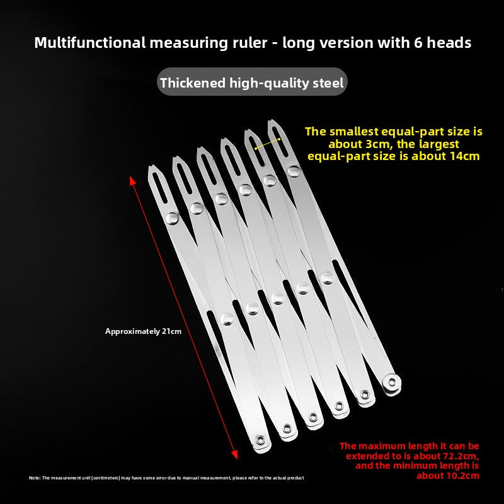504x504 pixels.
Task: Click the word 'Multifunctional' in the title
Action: pos(89,43)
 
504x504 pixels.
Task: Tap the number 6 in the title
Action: pos(418,43)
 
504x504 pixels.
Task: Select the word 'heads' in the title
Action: pos(449,43)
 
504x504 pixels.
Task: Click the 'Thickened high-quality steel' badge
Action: pos(252,82)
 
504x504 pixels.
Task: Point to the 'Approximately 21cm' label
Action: pos(143,331)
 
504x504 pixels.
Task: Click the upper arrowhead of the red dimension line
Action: pos(132,180)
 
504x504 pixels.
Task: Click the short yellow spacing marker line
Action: pos(267,144)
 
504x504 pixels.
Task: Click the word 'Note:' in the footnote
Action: pos(35,478)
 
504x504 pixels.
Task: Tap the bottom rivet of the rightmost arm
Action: pos(392,382)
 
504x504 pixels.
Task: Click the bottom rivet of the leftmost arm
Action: pos(260,439)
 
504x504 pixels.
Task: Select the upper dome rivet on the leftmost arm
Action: pos(172,218)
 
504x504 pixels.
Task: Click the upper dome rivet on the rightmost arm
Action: pos(294,171)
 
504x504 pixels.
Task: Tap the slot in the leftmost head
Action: pos(160,187)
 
